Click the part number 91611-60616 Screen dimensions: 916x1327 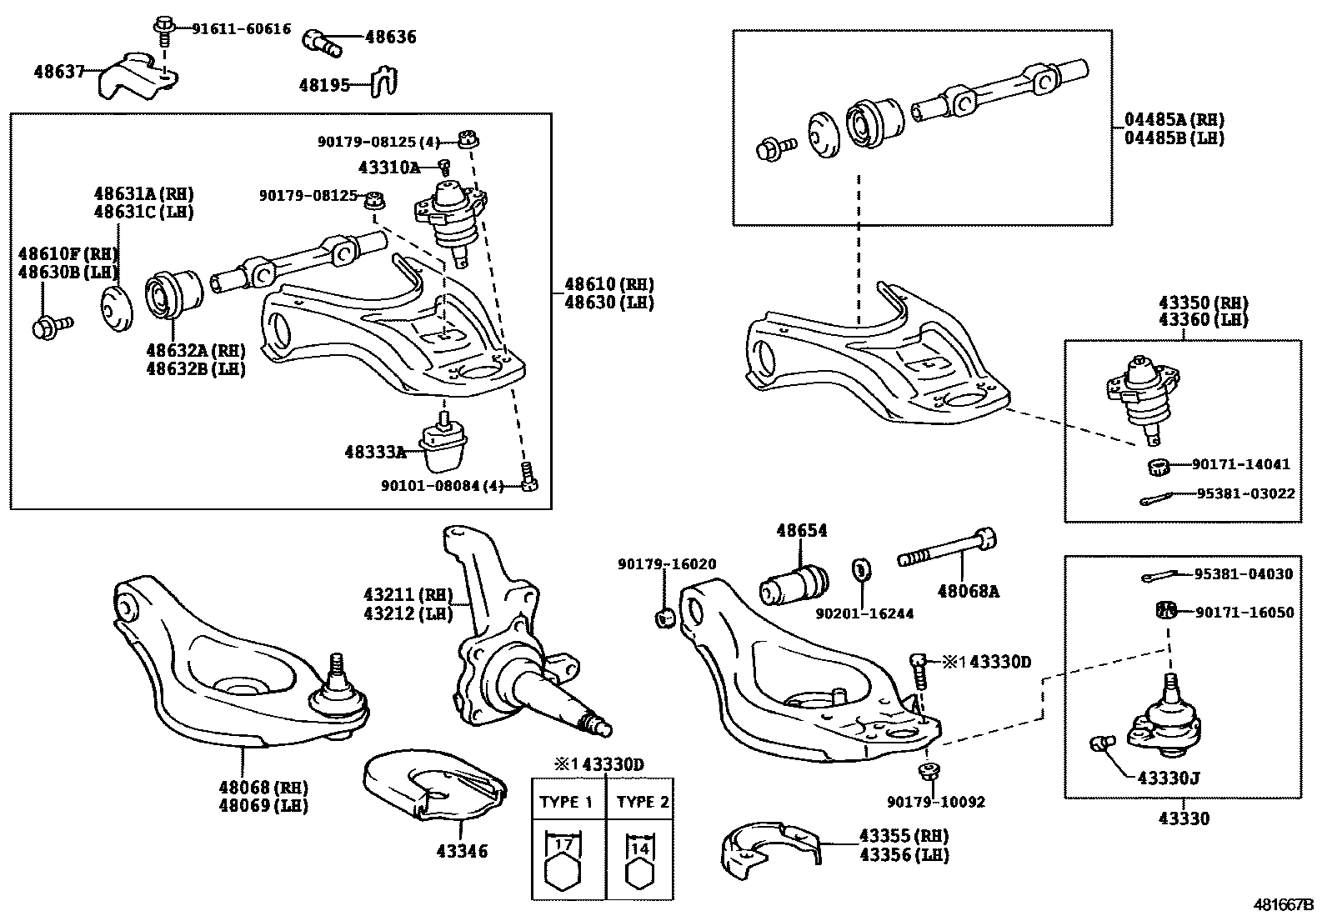(x=241, y=28)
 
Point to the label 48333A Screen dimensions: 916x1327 (x=375, y=453)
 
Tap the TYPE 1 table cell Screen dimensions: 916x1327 (x=566, y=803)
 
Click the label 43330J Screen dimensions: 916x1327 (x=1169, y=778)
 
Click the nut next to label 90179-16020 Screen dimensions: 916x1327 (x=666, y=618)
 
